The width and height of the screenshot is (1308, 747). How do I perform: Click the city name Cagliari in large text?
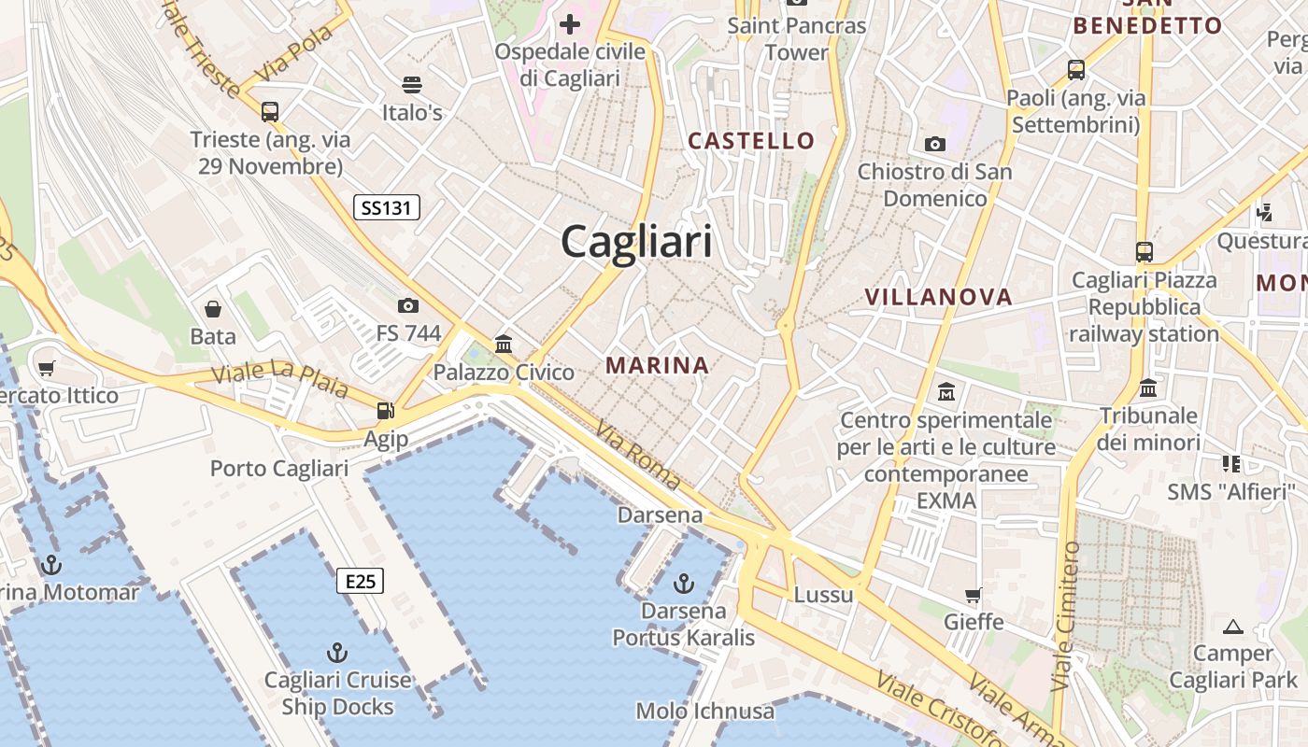636,242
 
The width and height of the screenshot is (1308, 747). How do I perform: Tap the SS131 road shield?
386,207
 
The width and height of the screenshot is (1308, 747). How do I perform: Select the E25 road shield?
360,582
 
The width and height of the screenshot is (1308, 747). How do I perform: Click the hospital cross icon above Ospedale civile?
570,23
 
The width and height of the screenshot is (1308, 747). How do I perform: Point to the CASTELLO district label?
751,141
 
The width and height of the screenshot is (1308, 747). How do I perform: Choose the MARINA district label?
658,365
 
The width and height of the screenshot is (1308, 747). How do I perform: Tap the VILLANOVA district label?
938,297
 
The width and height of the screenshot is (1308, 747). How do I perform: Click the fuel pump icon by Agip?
385,410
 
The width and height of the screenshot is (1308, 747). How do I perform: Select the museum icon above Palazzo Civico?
505,344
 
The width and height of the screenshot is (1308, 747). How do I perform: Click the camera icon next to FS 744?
407,305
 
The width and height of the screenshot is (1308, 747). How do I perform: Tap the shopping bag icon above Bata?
213,309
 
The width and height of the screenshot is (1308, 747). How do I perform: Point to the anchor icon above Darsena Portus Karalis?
684,585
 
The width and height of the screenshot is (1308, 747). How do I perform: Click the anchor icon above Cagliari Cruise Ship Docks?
337,652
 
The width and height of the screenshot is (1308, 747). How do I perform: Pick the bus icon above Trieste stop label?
270,112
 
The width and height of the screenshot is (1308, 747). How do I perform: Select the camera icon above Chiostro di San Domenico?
934,144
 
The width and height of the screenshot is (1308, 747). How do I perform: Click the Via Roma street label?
638,455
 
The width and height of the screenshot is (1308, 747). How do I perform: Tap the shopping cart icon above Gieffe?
974,595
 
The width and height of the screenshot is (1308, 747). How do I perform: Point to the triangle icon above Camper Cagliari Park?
1233,627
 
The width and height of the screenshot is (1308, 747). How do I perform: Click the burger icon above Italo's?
412,85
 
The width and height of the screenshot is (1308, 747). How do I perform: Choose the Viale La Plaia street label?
279,378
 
